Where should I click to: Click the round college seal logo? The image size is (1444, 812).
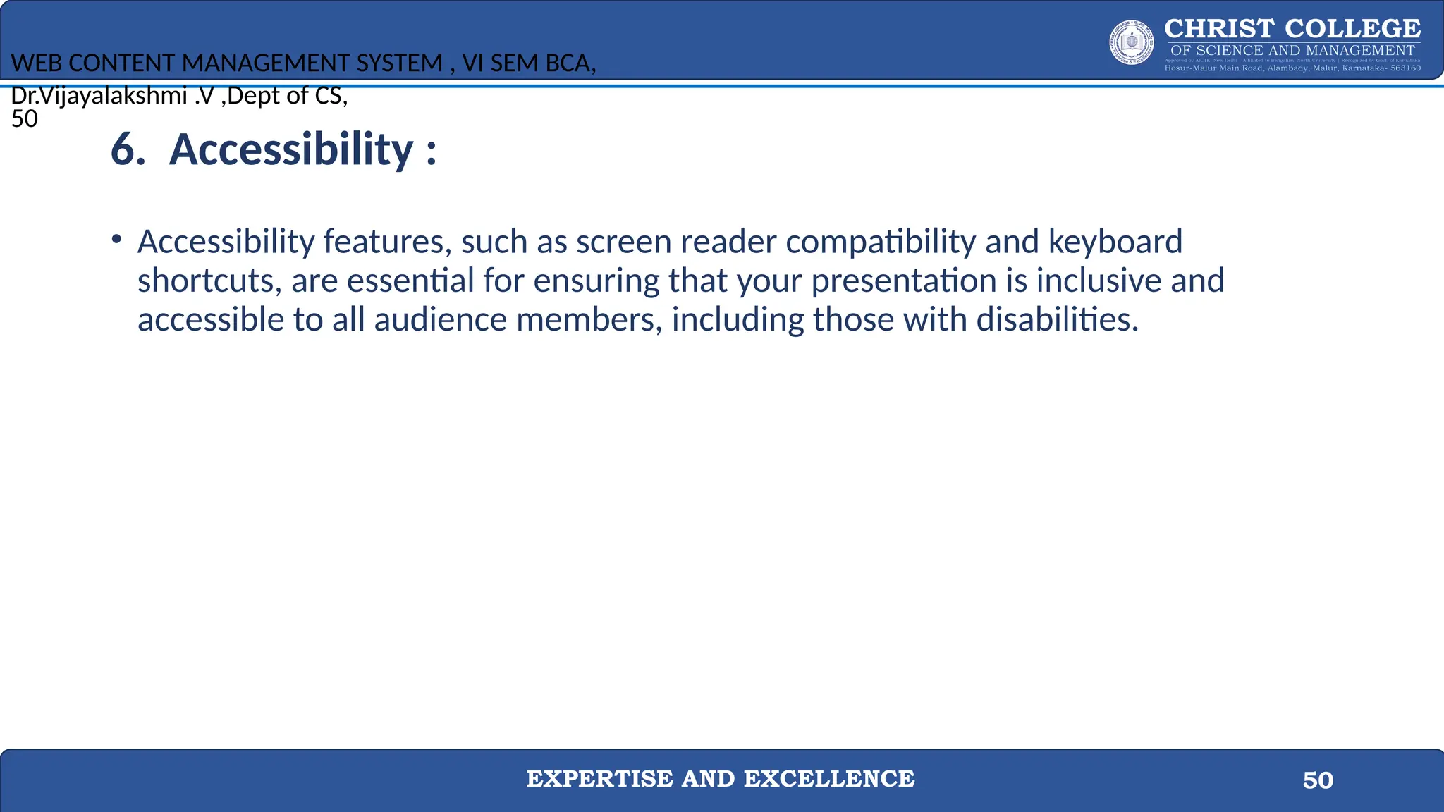click(1132, 42)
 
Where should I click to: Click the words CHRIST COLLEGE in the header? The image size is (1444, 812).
click(1292, 29)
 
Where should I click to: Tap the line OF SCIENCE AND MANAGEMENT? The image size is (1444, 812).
click(1292, 51)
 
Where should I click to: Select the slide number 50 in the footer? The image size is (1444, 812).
click(1318, 780)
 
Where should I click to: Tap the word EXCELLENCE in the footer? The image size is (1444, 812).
click(829, 779)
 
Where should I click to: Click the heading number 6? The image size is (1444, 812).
click(128, 150)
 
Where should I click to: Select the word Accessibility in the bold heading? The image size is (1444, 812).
click(291, 150)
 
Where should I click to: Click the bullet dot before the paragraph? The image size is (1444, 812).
click(116, 240)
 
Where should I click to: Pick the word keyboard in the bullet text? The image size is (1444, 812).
click(1115, 242)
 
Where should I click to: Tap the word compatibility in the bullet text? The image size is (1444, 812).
click(881, 242)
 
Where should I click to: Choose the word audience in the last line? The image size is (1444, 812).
click(441, 320)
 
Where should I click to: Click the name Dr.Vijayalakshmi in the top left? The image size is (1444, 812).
click(99, 96)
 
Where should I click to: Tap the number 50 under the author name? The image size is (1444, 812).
click(25, 119)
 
